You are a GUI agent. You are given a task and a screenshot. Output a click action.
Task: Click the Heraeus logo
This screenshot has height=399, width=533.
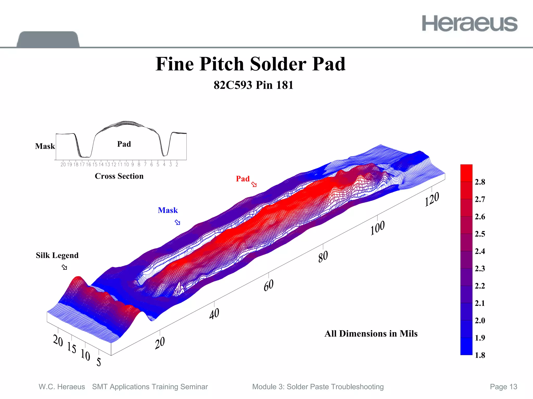click(469, 23)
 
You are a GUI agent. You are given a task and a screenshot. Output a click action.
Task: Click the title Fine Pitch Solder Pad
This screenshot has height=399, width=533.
click(250, 64)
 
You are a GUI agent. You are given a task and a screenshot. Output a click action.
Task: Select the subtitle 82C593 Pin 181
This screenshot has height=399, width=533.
click(253, 85)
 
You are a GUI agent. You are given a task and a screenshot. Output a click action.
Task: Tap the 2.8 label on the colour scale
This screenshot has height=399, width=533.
click(480, 182)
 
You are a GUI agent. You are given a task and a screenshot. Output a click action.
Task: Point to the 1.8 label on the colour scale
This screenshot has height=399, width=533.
click(480, 355)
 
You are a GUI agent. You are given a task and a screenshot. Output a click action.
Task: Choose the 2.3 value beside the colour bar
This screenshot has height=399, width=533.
click(480, 268)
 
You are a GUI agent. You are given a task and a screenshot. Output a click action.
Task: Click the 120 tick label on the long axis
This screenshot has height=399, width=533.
click(432, 199)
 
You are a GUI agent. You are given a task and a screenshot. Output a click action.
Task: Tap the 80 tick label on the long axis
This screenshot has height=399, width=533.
click(323, 257)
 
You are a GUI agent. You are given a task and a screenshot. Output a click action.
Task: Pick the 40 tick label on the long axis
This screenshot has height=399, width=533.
click(214, 314)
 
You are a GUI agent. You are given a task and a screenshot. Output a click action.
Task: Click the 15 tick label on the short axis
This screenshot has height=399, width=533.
click(72, 347)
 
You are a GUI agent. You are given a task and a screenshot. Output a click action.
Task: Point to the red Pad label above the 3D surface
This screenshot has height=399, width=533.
click(243, 179)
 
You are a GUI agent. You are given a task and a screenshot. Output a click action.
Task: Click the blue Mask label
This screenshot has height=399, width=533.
click(168, 210)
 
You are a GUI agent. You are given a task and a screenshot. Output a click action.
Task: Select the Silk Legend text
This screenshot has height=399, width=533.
click(57, 255)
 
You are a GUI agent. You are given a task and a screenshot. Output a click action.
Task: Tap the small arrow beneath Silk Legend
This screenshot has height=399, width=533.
click(64, 267)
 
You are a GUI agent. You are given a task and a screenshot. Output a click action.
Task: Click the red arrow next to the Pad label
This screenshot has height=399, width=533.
click(254, 184)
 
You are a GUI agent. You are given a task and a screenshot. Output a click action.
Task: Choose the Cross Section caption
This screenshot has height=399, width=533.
click(119, 176)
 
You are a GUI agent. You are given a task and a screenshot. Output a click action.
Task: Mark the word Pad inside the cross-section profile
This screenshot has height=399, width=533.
click(124, 144)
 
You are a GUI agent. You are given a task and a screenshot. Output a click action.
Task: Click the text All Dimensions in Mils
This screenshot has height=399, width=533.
click(371, 333)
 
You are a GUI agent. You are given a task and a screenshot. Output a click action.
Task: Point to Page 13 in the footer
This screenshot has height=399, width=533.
click(503, 387)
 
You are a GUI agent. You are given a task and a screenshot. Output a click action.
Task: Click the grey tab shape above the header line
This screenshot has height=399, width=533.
click(48, 39)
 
